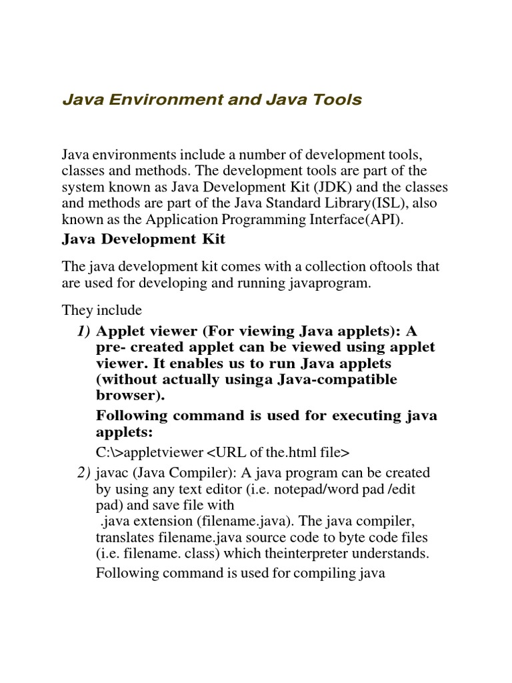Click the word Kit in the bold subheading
(x=213, y=239)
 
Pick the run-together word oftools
(x=367, y=267)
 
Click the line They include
(x=102, y=310)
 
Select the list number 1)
(x=83, y=331)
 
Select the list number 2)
(x=83, y=473)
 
